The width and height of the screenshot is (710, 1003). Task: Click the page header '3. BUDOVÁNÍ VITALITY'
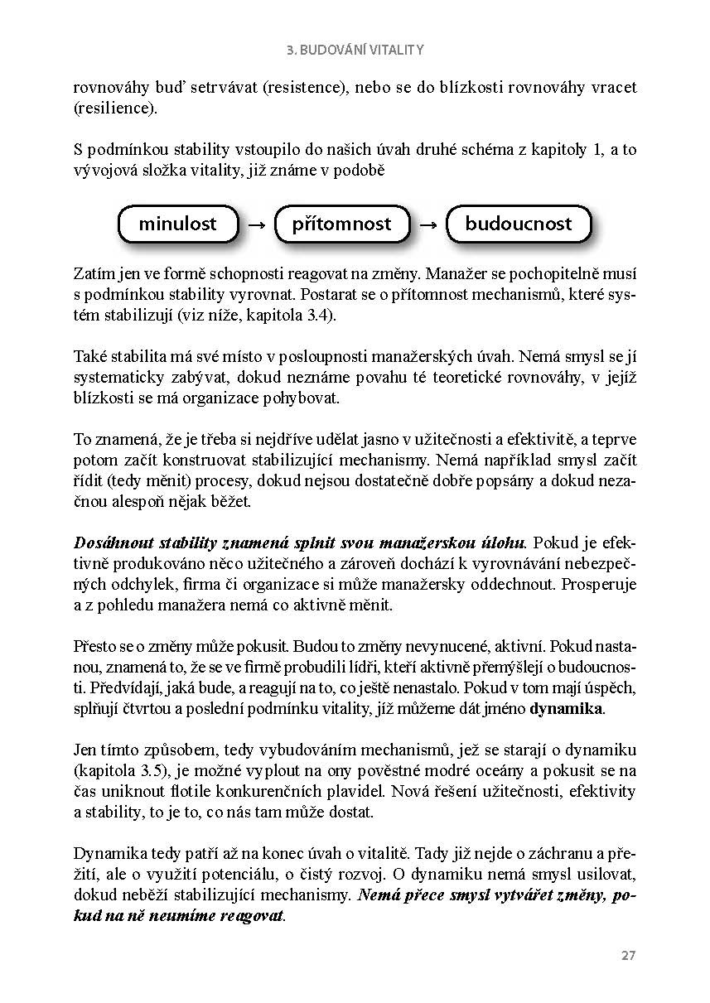pyautogui.click(x=355, y=50)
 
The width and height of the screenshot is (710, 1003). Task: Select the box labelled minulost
pyautogui.click(x=177, y=224)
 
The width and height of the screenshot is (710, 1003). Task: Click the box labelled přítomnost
pyautogui.click(x=341, y=224)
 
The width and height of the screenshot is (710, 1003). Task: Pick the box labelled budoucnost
pyautogui.click(x=519, y=224)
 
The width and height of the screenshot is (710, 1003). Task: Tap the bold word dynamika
pyautogui.click(x=567, y=709)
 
